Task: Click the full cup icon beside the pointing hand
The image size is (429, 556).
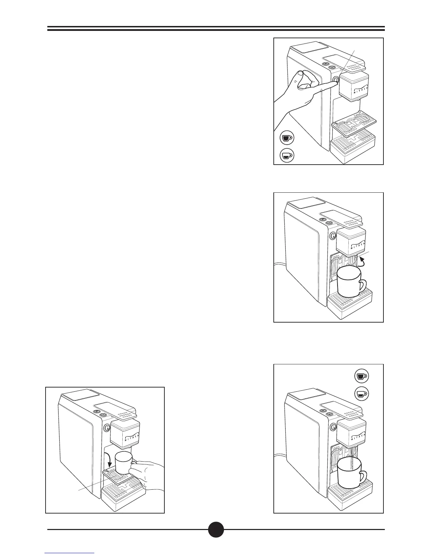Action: pyautogui.click(x=287, y=138)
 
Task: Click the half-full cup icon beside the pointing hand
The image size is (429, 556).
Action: pyautogui.click(x=287, y=155)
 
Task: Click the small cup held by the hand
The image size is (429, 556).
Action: pyautogui.click(x=123, y=462)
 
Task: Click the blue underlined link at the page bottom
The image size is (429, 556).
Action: pyautogui.click(x=69, y=554)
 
